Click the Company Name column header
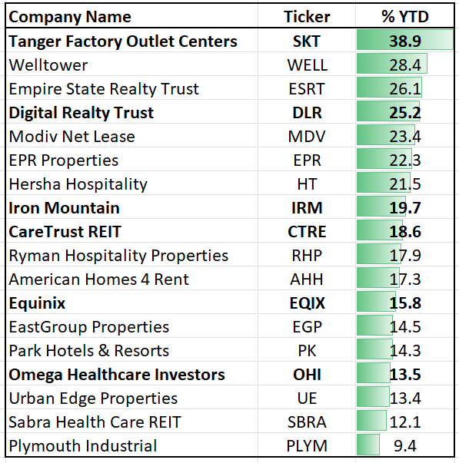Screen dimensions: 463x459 [70, 17]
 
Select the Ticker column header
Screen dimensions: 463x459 [306, 17]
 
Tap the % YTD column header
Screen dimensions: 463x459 [405, 17]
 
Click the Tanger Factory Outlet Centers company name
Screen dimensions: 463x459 [123, 41]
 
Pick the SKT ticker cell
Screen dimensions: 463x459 [306, 41]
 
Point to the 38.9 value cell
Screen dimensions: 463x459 [405, 41]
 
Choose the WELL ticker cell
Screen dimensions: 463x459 [306, 64]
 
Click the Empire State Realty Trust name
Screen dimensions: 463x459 [104, 88]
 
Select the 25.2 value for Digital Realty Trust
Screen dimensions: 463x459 [405, 113]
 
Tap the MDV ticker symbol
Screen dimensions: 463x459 [306, 137]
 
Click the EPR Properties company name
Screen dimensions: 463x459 [64, 160]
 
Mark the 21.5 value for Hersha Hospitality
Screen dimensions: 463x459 [405, 184]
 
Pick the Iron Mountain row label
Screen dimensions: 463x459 [65, 208]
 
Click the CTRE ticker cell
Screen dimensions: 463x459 [306, 232]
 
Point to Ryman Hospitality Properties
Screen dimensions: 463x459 [118, 256]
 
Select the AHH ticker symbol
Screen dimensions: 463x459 [306, 279]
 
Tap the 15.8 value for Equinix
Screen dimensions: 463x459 [405, 303]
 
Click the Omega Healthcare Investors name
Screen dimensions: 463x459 [117, 375]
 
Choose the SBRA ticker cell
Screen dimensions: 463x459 [306, 422]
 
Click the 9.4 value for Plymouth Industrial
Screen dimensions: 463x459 [405, 446]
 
